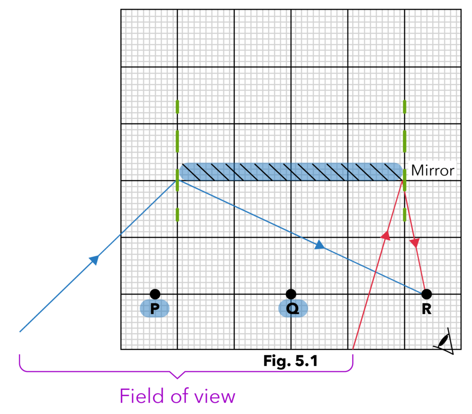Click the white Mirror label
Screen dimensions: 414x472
point(432,171)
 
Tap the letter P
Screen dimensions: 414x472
point(154,308)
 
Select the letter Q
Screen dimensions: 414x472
point(292,308)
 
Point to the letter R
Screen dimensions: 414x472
point(426,308)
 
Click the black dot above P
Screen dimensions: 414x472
point(155,294)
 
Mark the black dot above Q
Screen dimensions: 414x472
point(290,294)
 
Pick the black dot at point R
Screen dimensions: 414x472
point(426,294)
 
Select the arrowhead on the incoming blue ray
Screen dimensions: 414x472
point(94,260)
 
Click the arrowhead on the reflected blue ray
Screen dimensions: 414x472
point(319,245)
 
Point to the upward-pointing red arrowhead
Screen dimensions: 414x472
point(386,236)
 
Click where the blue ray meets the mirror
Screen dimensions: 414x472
point(177,180)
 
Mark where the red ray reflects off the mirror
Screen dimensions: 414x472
point(404,181)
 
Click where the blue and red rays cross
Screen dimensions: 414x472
point(376,272)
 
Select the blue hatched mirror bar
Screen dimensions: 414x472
point(290,172)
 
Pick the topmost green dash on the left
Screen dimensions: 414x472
point(177,106)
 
